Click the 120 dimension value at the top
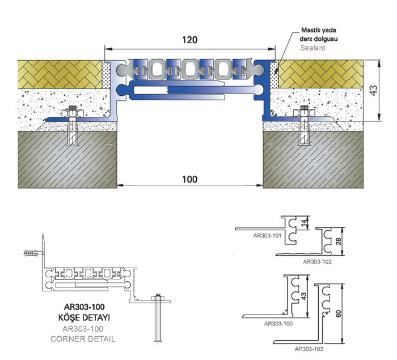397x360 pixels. (189, 40)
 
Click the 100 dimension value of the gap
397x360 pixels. (189, 179)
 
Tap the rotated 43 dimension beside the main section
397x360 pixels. (373, 90)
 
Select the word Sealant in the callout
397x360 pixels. (312, 48)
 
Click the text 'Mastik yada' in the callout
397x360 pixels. (319, 30)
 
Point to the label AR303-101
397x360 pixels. (267, 236)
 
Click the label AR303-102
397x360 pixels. (317, 261)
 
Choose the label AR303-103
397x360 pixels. (309, 349)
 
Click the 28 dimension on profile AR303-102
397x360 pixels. (338, 242)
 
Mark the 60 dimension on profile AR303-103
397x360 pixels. (338, 314)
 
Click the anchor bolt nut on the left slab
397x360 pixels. (73, 112)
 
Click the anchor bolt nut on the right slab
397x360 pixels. (304, 112)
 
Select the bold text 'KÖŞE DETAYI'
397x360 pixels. (84, 317)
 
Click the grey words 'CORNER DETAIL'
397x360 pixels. (83, 338)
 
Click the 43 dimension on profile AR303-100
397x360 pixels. (304, 296)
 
